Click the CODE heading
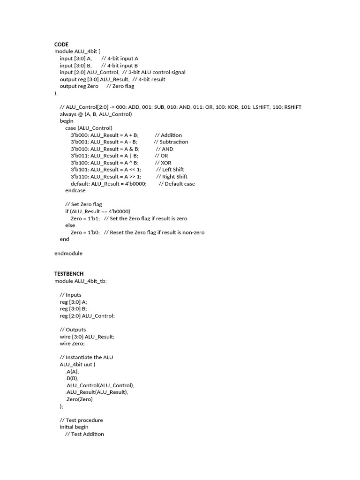pos(61,45)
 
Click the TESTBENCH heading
pos(69,273)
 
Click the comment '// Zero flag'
pos(120,86)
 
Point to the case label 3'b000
pos(79,135)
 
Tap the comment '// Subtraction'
pos(171,142)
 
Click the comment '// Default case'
pos(176,184)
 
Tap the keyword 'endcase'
pos(75,191)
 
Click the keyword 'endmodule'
pos(68,253)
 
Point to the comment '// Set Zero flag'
pos(83,204)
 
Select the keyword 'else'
pos(70,225)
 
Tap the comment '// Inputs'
pos(70,295)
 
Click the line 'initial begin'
pos(74,427)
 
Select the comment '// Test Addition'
pos(84,434)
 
